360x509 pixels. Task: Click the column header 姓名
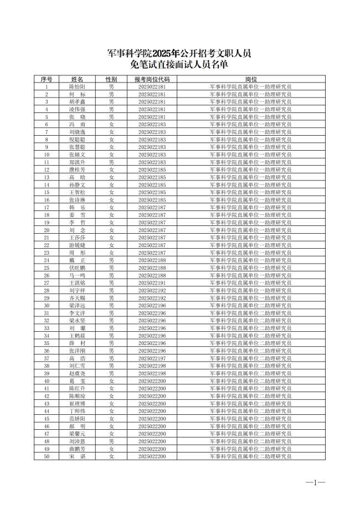pyautogui.click(x=77, y=79)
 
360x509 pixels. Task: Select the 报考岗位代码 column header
pyautogui.click(x=152, y=79)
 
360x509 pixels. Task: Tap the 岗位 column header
pyautogui.click(x=250, y=79)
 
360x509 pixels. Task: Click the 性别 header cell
pyautogui.click(x=111, y=79)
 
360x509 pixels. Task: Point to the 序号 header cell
pyautogui.click(x=47, y=79)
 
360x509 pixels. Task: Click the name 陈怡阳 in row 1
pyautogui.click(x=77, y=87)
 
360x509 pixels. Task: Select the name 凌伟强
pyautogui.click(x=77, y=110)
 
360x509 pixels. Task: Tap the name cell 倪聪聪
pyautogui.click(x=77, y=140)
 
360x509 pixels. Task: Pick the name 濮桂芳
pyautogui.click(x=77, y=169)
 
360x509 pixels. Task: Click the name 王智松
pyautogui.click(x=77, y=192)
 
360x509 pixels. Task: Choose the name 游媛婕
pyautogui.click(x=77, y=245)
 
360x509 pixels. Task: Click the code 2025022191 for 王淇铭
pyautogui.click(x=152, y=282)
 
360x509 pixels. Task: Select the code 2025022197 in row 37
pyautogui.click(x=152, y=358)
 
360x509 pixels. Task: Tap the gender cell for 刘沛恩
pyautogui.click(x=111, y=441)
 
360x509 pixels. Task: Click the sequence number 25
pyautogui.click(x=47, y=268)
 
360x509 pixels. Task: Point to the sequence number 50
pyautogui.click(x=47, y=456)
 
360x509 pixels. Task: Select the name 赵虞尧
pyautogui.click(x=77, y=373)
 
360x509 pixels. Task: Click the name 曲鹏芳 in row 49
pyautogui.click(x=77, y=449)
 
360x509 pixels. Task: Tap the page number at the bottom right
pyautogui.click(x=316, y=482)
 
